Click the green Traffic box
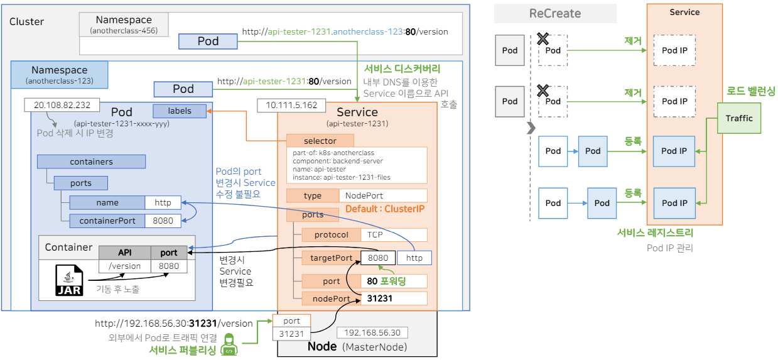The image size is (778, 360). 739,118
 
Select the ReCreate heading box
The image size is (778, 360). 555,13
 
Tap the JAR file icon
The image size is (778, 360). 69,281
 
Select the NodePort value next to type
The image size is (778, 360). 382,195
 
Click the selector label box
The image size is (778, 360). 320,141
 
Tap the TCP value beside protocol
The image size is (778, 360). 393,235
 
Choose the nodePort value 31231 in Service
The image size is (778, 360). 392,298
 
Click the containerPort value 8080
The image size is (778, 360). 163,221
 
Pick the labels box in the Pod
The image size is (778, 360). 180,111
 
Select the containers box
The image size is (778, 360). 92,161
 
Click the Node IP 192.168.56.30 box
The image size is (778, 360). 372,332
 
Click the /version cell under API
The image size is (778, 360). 124,266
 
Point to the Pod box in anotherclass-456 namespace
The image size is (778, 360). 208,41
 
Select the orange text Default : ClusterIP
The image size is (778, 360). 384,209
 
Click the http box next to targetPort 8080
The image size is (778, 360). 414,258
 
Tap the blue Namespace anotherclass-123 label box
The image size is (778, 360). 60,74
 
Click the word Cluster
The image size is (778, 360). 27,21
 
